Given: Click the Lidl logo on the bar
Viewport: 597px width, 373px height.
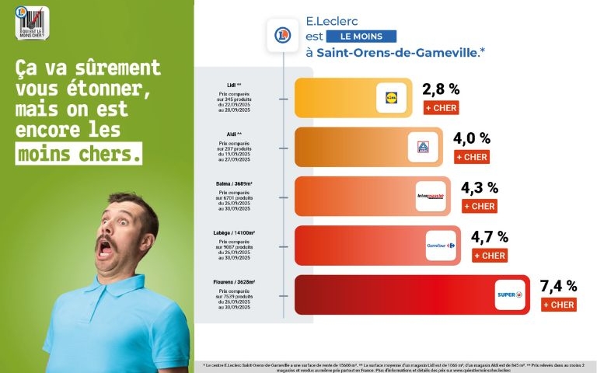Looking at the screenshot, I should tap(392, 98).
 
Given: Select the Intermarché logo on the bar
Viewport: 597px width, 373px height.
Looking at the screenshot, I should tap(431, 197).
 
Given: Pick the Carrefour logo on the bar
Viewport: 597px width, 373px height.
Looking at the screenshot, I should tap(441, 246).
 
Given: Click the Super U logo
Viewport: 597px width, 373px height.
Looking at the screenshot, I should tap(510, 295).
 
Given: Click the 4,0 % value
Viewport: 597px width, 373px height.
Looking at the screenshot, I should tap(472, 138).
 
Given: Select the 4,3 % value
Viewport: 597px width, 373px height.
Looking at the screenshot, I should tap(480, 187).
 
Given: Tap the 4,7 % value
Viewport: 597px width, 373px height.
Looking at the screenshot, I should tap(490, 236).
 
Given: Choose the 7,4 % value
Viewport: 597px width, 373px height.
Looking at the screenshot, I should tap(559, 286).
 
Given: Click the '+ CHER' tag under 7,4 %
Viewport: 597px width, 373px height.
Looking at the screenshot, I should tap(559, 305).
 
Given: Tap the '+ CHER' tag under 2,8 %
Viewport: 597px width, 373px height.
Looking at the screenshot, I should tap(442, 108).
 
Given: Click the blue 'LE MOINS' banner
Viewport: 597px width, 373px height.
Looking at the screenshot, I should tap(361, 37).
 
